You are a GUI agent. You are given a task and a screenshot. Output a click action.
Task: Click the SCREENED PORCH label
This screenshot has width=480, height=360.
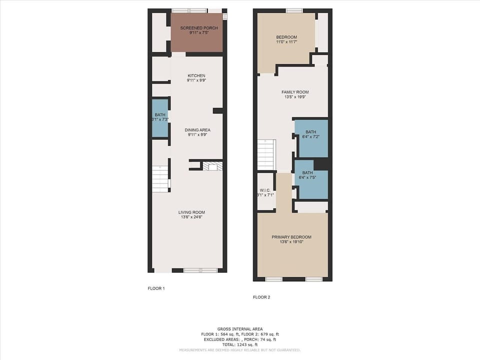pos(199,28)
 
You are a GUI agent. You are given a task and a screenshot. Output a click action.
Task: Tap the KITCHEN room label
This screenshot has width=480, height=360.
pos(196,75)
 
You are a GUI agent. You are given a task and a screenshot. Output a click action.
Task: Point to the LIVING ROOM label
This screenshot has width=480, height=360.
pos(191,212)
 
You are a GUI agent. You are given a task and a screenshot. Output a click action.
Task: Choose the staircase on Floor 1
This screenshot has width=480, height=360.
pos(160,178)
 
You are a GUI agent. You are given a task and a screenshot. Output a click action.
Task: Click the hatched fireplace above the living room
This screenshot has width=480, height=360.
pos(212,166)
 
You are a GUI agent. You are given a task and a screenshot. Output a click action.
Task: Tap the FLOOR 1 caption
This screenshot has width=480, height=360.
pos(156,288)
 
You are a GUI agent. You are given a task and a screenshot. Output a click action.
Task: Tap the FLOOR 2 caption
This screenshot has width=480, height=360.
pos(261,297)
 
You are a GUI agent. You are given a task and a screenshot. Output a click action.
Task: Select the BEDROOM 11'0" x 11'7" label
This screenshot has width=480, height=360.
pos(286,37)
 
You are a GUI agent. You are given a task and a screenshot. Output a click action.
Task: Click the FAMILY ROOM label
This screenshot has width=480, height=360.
pos(295,92)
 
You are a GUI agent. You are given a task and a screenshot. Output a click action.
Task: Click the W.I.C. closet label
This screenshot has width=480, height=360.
pos(265,190)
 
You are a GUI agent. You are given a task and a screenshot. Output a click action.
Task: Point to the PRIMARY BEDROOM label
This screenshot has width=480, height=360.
pos(291,237)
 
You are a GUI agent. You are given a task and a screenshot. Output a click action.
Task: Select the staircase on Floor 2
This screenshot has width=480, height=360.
pos(266,154)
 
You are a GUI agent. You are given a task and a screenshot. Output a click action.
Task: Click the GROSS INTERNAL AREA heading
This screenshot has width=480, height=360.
pos(239,328)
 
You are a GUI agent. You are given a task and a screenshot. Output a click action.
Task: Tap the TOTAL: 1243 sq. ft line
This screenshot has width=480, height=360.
pos(239,344)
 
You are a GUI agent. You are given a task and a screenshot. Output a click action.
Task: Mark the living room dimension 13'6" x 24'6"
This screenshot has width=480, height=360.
pos(191,218)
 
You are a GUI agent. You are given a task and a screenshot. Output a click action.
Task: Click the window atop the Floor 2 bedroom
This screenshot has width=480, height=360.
pos(294,10)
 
